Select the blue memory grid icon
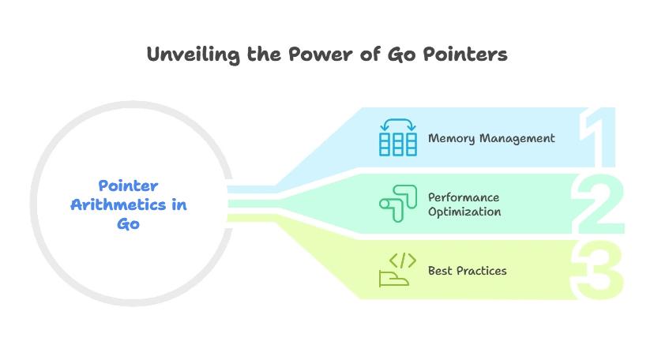pos(398,144)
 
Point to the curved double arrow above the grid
pos(398,125)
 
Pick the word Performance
pos(464,197)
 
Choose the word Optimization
pos(464,212)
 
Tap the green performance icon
pos(396,204)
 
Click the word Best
pos(440,271)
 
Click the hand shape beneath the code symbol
pos(393,278)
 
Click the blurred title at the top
pos(328,55)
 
